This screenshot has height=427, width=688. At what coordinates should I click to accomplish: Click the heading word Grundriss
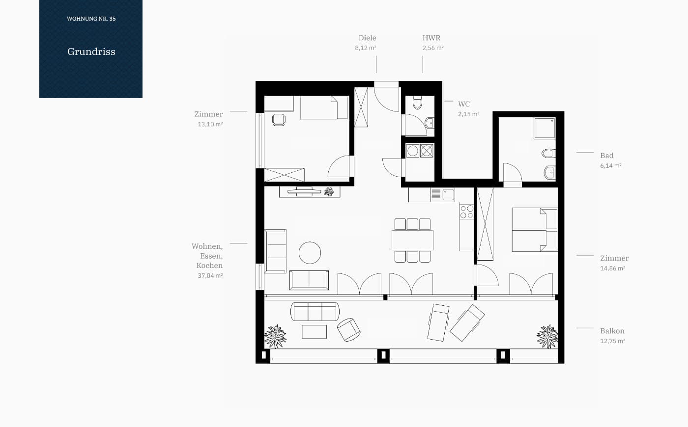coord(91,52)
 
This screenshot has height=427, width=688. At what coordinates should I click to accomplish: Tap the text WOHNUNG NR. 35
coord(91,19)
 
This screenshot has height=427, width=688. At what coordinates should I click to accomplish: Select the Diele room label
coord(368,38)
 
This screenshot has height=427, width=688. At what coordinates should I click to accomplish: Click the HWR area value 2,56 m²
coord(433,48)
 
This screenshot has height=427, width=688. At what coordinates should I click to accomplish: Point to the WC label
coord(464,104)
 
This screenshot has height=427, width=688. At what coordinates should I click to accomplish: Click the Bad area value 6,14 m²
coord(610,166)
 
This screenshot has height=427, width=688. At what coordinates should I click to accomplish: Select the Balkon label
coord(612,331)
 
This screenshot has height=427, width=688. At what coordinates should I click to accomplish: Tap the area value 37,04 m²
coord(210,275)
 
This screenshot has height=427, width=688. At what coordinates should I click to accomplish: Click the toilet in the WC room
coord(417,103)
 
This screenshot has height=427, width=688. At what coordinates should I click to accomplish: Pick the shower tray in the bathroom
coord(545,128)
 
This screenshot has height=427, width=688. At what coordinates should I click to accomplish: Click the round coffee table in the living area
coord(310,253)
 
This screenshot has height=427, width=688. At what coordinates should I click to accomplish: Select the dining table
coord(412,240)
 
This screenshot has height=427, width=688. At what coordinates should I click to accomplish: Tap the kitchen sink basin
coord(448,194)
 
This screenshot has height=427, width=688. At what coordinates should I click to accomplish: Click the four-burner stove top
coord(466,212)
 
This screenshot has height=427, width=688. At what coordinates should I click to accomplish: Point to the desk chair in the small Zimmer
coord(279,120)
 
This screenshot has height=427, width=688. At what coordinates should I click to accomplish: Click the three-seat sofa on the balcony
coord(315,312)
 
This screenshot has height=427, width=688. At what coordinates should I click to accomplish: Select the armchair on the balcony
coord(348,330)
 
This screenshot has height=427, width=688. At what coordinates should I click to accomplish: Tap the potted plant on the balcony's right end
coord(547,337)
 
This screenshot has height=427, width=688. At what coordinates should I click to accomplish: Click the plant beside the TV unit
coord(329,192)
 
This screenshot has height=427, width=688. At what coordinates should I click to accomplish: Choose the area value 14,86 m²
coord(612,268)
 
